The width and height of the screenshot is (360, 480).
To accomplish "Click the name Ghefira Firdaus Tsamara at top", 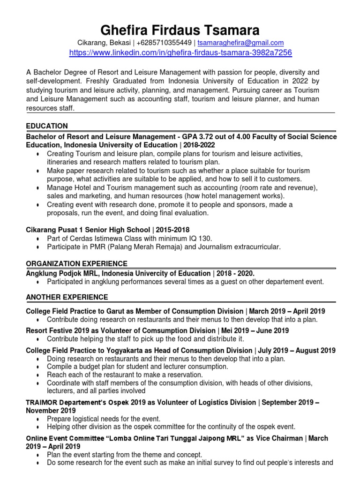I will (180, 30).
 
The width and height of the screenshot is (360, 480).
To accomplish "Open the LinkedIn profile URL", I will (180, 53).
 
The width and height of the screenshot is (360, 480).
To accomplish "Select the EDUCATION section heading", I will (47, 126).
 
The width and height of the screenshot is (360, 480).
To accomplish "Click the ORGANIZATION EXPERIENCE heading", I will (76, 263).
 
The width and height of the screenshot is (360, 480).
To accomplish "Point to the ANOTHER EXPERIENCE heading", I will (67, 297).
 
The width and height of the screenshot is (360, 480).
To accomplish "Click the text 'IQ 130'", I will (194, 238).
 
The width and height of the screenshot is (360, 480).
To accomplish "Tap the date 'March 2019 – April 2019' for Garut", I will (287, 311).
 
